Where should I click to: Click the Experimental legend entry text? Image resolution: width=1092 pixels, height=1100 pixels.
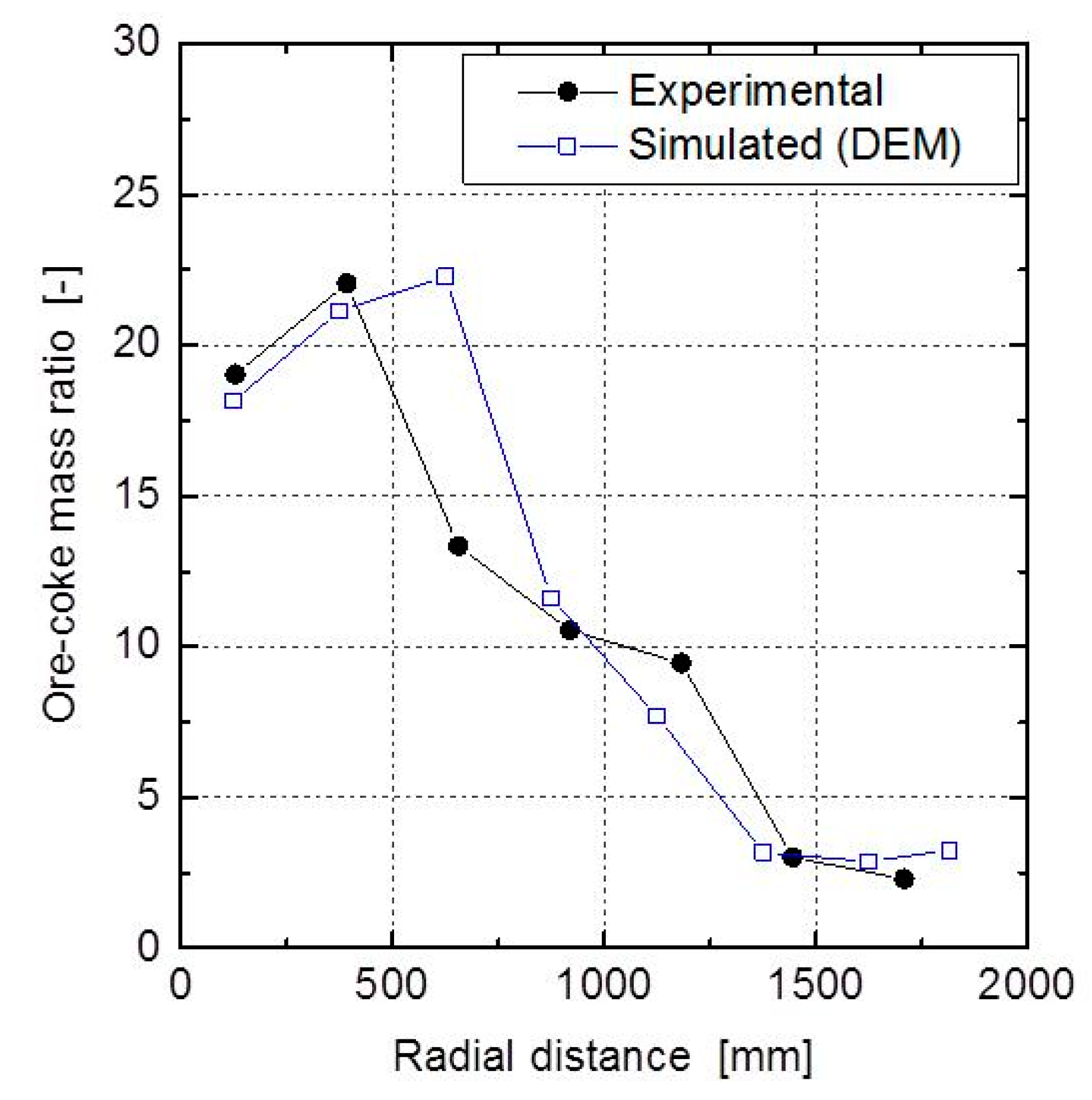coord(755,91)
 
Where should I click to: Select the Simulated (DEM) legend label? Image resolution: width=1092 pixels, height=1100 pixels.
coord(794,145)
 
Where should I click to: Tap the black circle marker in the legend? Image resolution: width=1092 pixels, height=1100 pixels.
coord(567,92)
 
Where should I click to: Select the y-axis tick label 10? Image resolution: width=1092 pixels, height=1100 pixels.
coord(136,645)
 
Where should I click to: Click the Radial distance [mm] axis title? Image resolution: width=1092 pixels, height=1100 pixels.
coord(602,1057)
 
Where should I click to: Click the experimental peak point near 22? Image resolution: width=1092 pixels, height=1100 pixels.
coord(346,284)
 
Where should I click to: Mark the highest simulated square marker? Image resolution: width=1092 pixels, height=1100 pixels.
coord(445,276)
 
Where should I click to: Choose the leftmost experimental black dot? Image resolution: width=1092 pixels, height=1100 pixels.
coord(236,375)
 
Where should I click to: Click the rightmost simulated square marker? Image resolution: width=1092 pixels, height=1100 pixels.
coord(949,851)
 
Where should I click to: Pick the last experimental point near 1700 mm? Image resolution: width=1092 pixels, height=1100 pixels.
coord(903,879)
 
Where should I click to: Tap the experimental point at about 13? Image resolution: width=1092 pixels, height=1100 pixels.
coord(458,546)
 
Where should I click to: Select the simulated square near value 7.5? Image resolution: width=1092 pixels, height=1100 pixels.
coord(656,716)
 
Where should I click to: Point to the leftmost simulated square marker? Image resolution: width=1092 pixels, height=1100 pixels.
coord(233,401)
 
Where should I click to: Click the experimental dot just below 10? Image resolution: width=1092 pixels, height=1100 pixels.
coord(681,663)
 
